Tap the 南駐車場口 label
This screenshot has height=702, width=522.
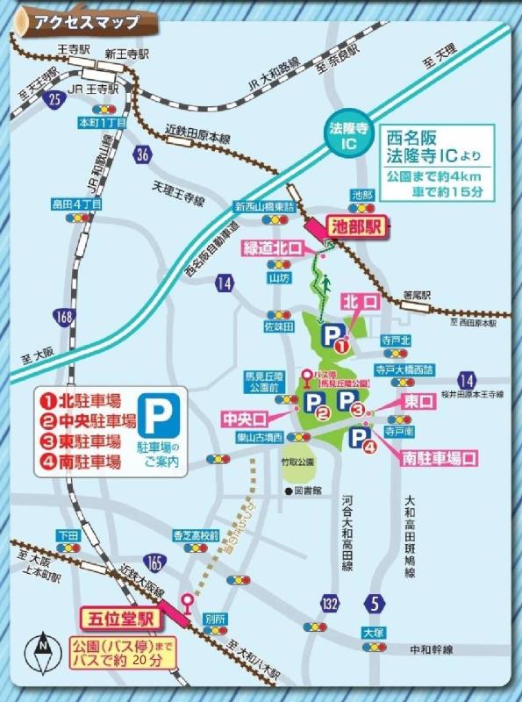439,457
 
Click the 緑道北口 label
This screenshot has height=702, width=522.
273,249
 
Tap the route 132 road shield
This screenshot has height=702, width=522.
330,605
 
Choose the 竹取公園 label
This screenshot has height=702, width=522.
305,457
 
